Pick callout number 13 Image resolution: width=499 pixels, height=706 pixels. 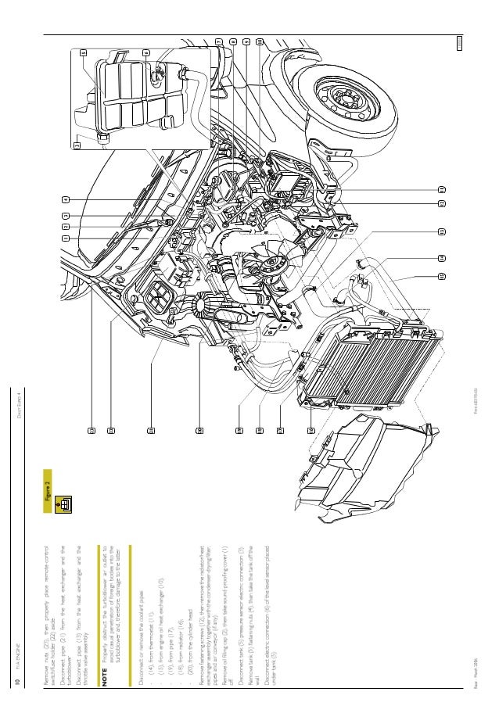(441, 231)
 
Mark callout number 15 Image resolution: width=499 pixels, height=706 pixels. (441, 276)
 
